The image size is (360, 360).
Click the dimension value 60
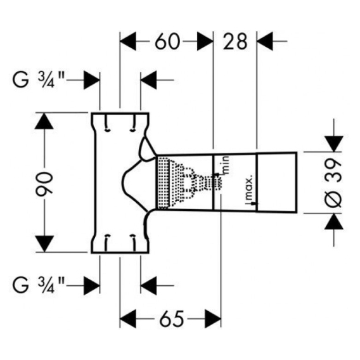167,42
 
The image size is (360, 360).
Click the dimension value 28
235,42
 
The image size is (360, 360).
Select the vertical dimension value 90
44,183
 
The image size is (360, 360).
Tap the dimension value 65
172,319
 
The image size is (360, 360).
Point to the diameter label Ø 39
333,183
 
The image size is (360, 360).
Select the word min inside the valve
226,165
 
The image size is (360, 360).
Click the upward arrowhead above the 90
44,121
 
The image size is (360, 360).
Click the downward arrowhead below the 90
44,244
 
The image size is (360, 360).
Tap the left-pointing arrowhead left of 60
128,42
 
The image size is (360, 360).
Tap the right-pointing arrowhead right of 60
205,42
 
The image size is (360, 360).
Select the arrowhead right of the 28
265,42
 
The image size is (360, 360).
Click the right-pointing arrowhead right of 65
213,319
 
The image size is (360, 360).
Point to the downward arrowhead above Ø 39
334,144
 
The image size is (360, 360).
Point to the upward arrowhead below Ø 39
334,221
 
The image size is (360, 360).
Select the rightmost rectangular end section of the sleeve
276,182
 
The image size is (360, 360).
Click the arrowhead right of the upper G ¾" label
92,80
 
